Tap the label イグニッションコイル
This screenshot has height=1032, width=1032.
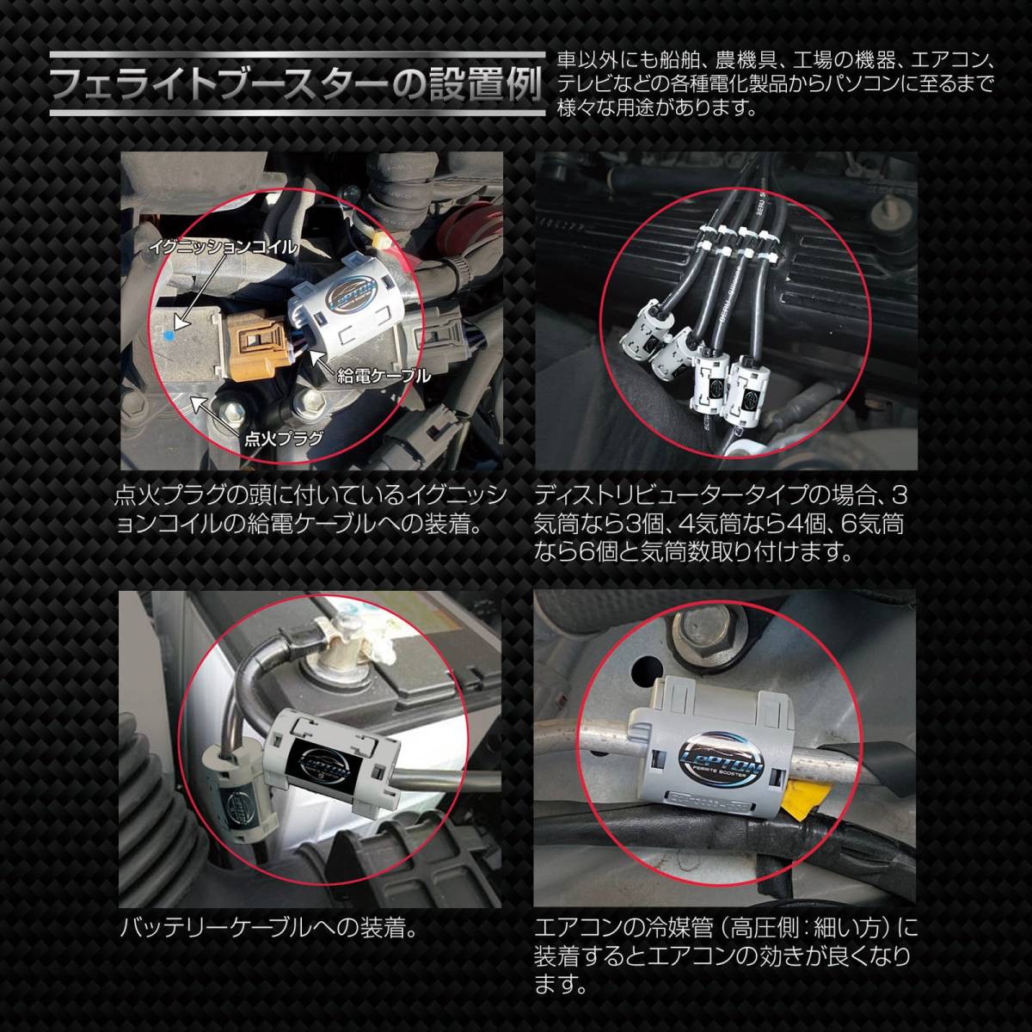[x=223, y=247]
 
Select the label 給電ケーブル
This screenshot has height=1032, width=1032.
[x=384, y=376]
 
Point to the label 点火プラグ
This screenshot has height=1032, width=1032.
[x=283, y=439]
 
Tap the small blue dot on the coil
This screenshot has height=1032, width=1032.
[x=169, y=335]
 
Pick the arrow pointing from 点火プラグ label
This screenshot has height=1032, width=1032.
[x=219, y=416]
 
